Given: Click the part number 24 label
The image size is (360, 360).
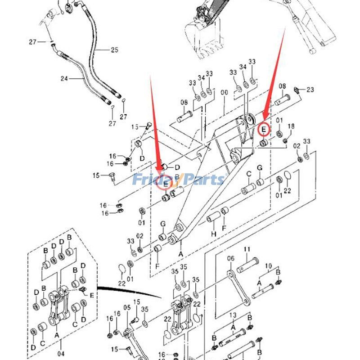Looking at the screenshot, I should coord(64,79).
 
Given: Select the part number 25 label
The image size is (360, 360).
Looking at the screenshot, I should coord(114,50).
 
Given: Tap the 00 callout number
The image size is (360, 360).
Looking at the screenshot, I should coord(225,93).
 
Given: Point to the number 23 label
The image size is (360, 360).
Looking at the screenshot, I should coord(310,90).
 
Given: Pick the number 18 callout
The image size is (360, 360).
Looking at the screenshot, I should coord(291,126).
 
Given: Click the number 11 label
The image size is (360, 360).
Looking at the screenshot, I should coord(247,249).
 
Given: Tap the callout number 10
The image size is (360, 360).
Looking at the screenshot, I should coord(268,265).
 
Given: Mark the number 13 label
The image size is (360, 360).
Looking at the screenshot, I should coord(233,315).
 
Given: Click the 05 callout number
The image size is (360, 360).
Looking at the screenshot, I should coord(127,308).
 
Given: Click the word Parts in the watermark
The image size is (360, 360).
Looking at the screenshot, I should coord(202,180).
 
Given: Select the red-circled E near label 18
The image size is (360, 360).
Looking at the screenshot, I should coord(264,130).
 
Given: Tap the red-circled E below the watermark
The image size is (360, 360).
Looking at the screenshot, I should coord(165,184).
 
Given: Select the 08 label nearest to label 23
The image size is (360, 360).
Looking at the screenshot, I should coord(282,86).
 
